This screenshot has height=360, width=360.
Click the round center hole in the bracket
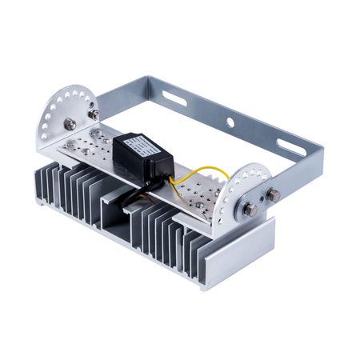tap(231, 123)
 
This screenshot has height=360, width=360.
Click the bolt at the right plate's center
tap(250, 210)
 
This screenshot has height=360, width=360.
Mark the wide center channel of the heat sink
tap(119, 216)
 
